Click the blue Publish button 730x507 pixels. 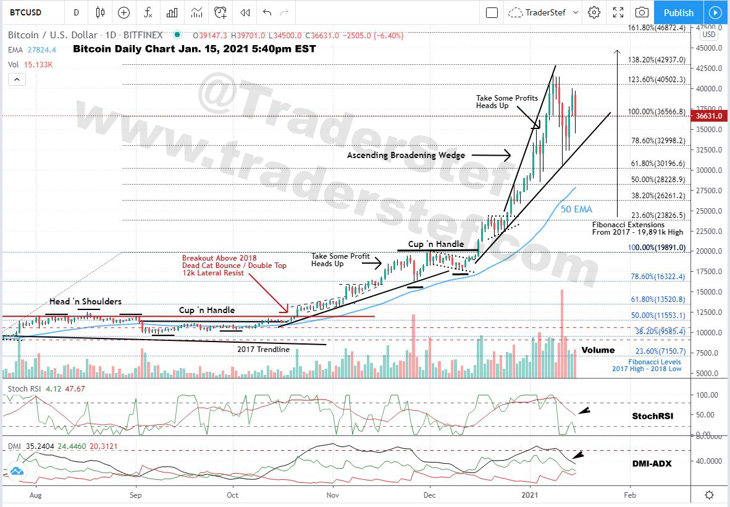coord(678,12)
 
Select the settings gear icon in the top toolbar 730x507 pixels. coord(594,12)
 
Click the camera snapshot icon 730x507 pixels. coord(642,12)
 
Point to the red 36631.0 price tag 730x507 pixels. coord(708,115)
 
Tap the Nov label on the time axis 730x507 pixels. coord(333,495)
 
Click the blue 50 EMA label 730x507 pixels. coord(576,209)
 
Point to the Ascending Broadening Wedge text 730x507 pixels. coord(406,156)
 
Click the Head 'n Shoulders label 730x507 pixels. coord(86,301)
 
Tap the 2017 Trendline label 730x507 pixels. coord(263,350)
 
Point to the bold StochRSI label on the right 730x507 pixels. coord(652,416)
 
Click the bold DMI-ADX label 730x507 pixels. coord(652,463)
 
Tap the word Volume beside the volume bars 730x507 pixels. coord(598,350)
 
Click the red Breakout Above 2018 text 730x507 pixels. coord(219,258)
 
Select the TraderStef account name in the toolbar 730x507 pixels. coord(545,12)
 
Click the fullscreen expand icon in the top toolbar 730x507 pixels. coord(618,12)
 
